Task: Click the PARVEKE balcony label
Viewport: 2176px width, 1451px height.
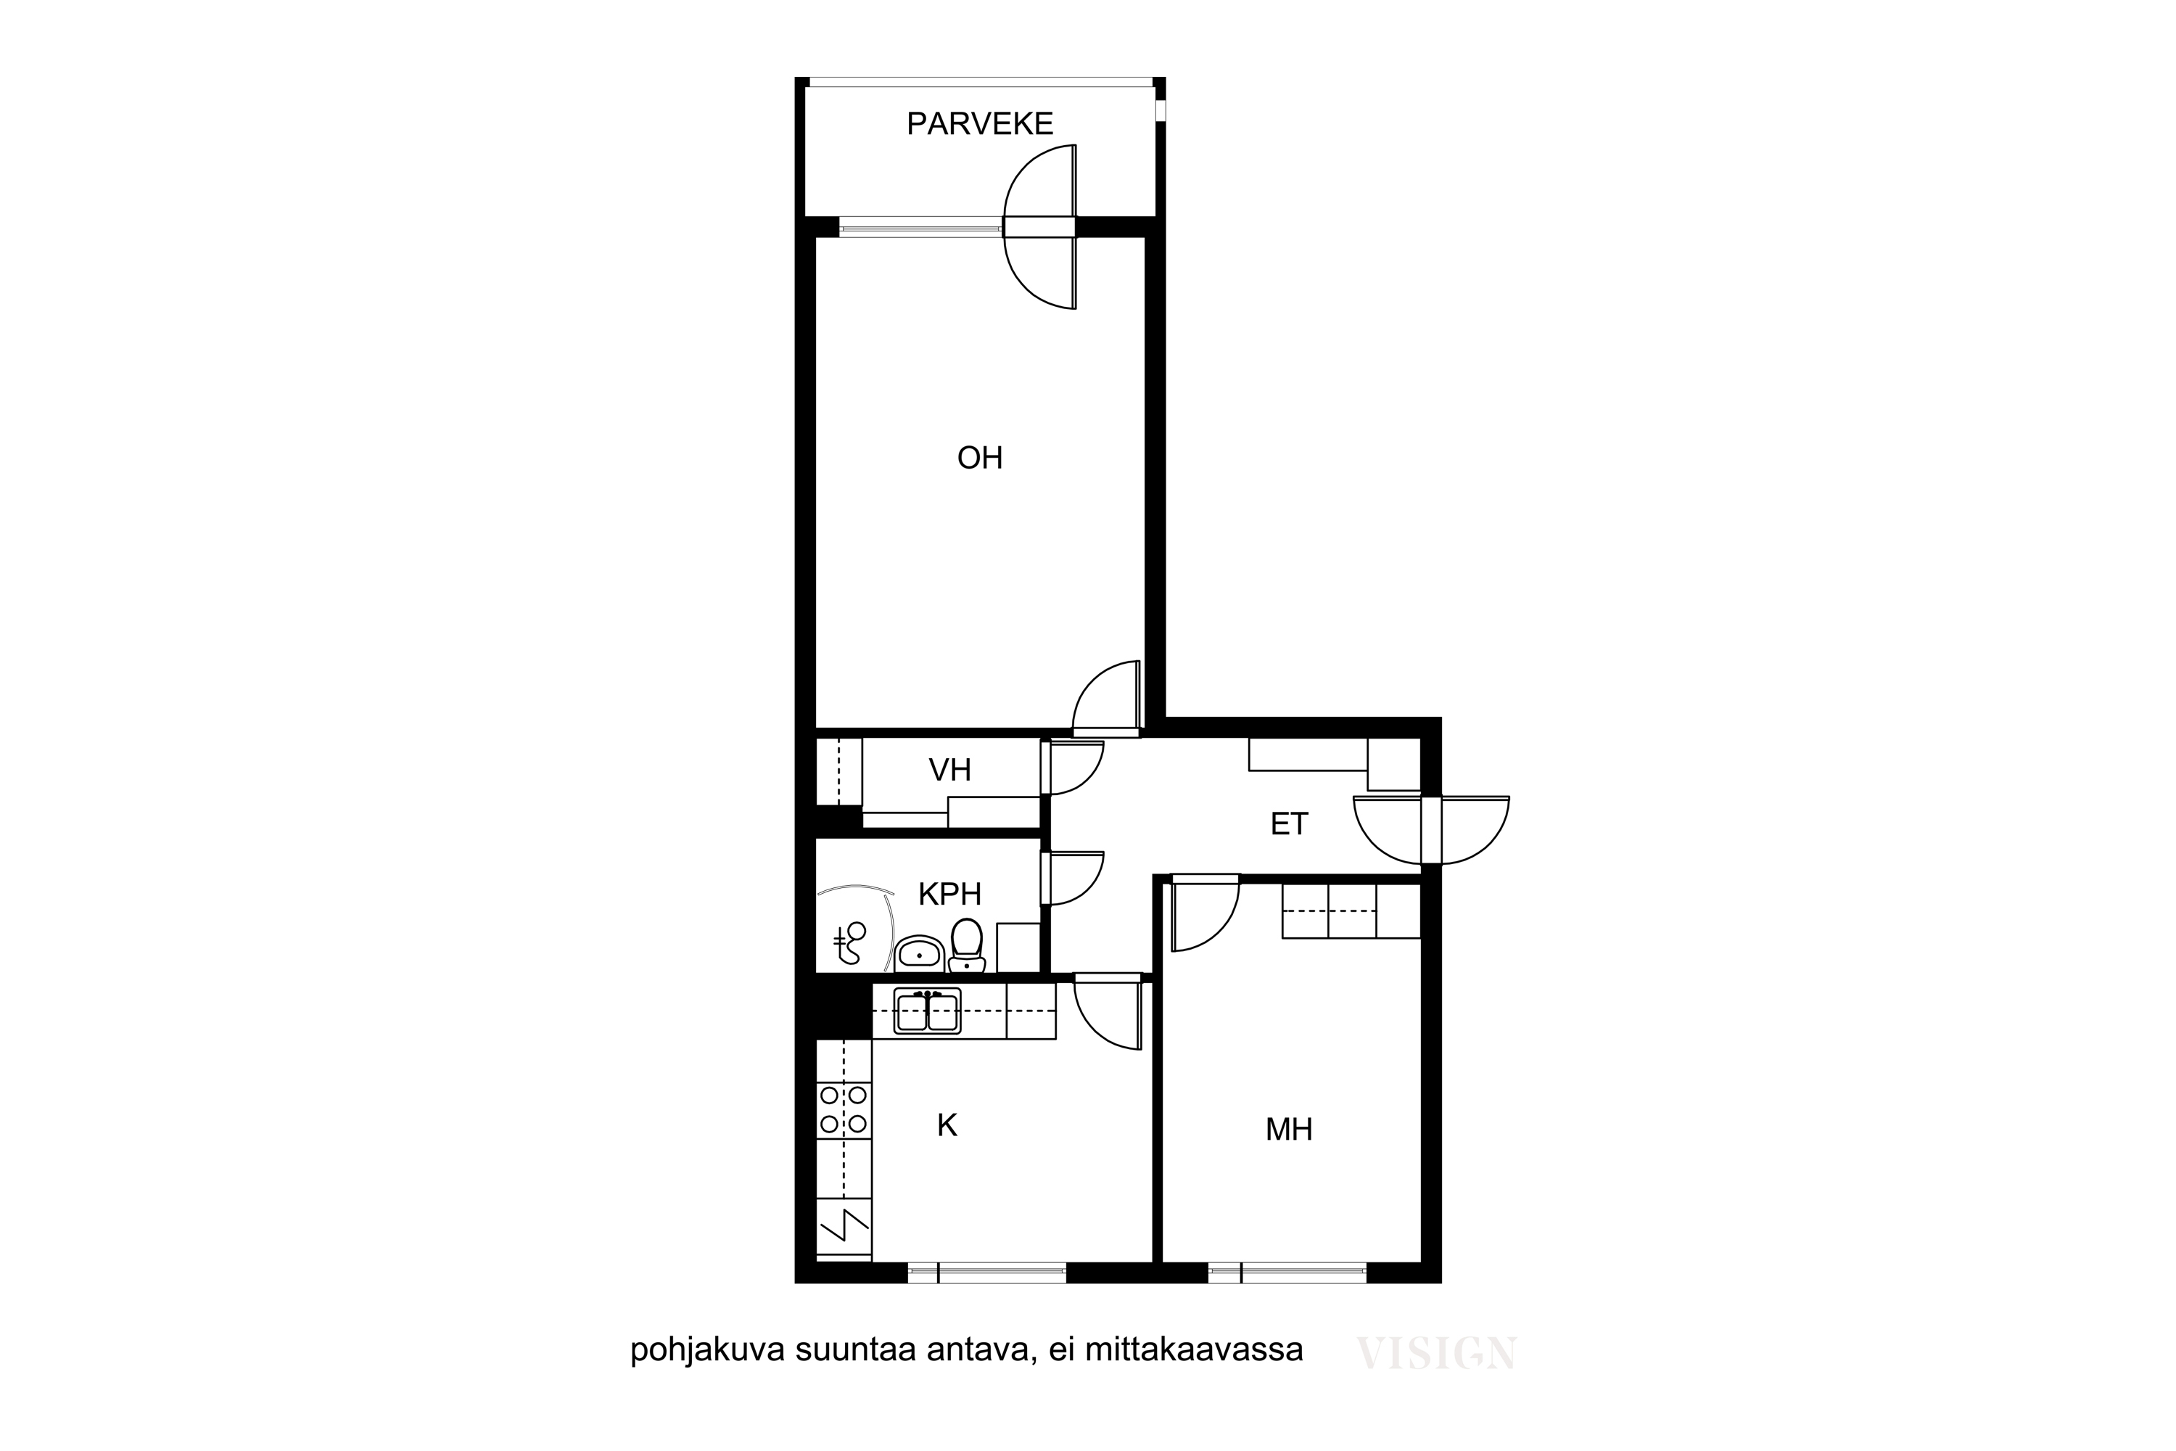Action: (980, 124)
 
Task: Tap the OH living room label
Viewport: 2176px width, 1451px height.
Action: (980, 458)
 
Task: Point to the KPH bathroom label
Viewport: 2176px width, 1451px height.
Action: (950, 894)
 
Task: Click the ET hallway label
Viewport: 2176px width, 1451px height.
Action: (1290, 823)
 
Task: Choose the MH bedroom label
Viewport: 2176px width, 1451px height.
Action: (1290, 1129)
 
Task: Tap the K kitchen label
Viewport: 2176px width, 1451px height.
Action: (947, 1125)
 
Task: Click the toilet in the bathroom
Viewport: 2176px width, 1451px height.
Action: (967, 945)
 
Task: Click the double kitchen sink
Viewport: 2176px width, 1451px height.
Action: (928, 1011)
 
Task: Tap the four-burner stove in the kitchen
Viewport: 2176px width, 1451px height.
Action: (844, 1111)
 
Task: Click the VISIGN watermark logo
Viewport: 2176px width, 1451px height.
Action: (1436, 1353)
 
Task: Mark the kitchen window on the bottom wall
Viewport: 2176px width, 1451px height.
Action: (987, 1273)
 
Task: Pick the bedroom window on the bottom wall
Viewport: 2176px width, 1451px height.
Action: (1287, 1273)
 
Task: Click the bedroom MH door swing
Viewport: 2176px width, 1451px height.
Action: (1205, 917)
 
